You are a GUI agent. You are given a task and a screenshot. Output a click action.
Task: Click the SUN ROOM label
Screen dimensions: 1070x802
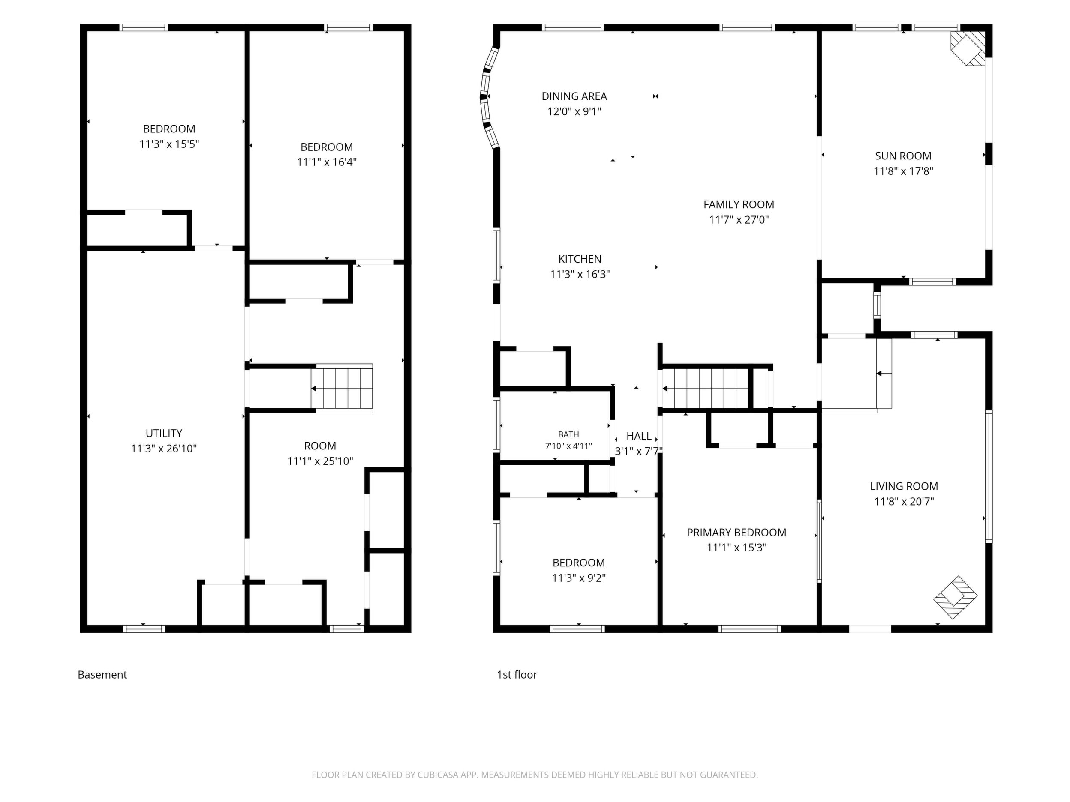coord(903,156)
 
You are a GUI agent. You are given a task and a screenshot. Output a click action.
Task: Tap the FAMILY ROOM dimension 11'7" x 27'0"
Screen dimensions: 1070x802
coord(739,220)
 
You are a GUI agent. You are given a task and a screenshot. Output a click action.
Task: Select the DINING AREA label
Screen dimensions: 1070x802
coord(574,96)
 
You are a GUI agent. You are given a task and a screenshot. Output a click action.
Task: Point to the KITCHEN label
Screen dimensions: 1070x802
coord(580,259)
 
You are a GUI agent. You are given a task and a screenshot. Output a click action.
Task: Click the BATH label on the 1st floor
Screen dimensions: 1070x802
coord(568,434)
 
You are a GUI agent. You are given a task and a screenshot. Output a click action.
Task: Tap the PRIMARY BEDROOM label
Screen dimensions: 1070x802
coord(736,532)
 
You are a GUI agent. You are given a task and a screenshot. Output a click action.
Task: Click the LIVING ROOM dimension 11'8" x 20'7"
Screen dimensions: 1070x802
coord(904,501)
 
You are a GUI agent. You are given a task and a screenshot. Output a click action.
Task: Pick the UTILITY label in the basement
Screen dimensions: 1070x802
coord(164,433)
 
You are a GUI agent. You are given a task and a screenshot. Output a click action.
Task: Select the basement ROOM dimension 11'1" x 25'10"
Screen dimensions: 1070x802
coord(320,461)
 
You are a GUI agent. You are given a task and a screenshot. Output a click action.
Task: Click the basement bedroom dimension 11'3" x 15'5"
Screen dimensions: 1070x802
coord(169,144)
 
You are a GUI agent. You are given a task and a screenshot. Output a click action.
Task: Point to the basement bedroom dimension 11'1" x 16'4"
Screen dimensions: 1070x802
coord(327,162)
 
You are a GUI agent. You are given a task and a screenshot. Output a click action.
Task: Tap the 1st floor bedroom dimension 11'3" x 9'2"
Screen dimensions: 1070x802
coord(579,578)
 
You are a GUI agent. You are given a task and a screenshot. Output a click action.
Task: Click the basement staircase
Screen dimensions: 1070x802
coord(342,388)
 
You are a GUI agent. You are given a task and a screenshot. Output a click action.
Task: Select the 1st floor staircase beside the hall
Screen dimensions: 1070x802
coord(706,388)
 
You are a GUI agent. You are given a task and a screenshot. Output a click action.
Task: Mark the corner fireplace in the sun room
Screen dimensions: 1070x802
coord(968,48)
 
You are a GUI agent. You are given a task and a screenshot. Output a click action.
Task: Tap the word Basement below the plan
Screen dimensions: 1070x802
coord(102,675)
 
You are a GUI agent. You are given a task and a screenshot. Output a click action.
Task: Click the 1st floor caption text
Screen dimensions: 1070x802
coord(517,675)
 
